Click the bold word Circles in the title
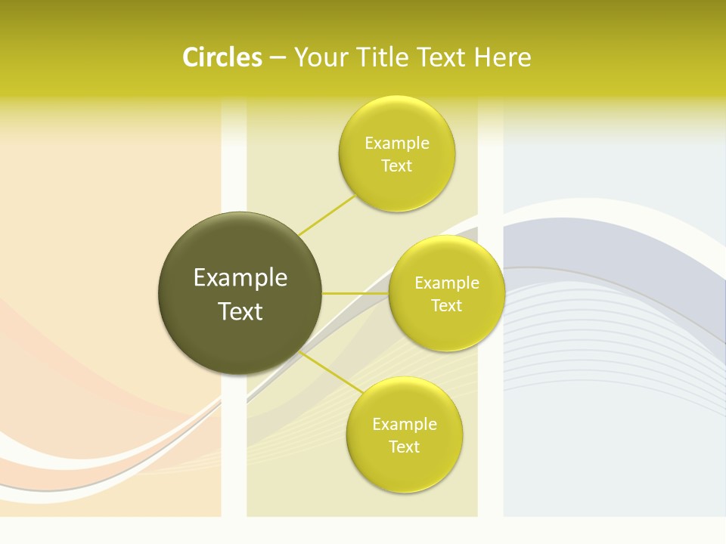click(x=222, y=57)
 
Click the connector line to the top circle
click(x=327, y=215)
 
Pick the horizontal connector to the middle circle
click(x=355, y=293)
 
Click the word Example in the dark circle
click(x=240, y=278)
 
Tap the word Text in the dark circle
click(x=240, y=311)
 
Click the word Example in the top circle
click(x=396, y=143)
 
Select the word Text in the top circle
click(x=396, y=165)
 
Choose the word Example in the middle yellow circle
click(x=446, y=283)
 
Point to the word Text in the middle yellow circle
click(x=446, y=305)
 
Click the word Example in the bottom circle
click(x=405, y=424)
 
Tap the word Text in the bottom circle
click(x=405, y=447)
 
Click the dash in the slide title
click(x=277, y=57)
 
